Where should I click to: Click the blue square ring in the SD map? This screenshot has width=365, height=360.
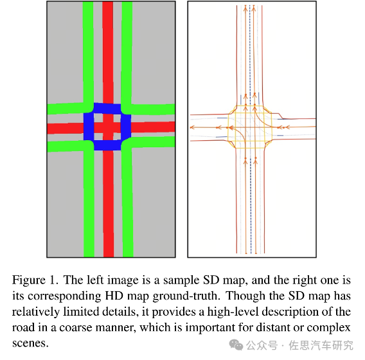click(89, 127)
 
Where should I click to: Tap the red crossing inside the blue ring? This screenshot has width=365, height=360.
click(108, 127)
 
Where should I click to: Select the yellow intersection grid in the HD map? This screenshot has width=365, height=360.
click(250, 127)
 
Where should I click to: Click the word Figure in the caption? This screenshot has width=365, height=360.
click(29, 280)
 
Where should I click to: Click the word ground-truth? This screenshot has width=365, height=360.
click(186, 296)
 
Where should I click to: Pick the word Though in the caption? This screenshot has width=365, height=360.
click(245, 296)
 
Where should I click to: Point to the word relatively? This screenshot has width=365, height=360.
click(35, 312)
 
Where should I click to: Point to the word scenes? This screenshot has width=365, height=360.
click(30, 344)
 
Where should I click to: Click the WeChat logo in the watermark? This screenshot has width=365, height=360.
click(236, 345)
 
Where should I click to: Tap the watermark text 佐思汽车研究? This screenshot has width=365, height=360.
click(321, 345)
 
